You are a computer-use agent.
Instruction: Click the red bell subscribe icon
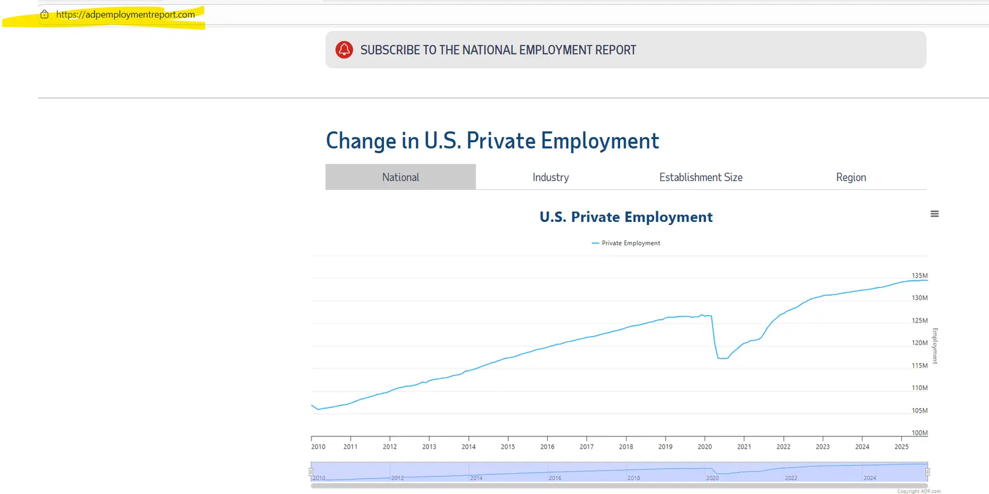point(344,49)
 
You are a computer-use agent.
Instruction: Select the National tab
point(401,177)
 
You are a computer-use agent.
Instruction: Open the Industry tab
point(551,177)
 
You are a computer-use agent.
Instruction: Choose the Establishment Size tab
point(701,177)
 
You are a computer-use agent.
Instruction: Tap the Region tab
point(851,177)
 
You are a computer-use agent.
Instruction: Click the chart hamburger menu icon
point(935,214)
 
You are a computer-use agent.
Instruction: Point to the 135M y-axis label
point(920,276)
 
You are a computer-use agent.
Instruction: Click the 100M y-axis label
point(920,433)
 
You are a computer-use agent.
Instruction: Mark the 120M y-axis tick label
point(920,343)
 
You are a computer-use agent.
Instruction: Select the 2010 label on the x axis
point(318,446)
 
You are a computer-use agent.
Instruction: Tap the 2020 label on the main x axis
point(705,446)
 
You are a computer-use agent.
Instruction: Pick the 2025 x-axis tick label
point(901,446)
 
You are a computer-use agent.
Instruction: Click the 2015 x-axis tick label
point(508,446)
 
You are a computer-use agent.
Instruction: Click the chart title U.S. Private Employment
point(626,217)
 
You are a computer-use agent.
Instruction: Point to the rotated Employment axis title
point(935,346)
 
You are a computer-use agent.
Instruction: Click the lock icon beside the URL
point(45,14)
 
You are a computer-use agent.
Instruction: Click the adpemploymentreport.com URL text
point(125,14)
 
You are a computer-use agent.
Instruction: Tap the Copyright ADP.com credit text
point(919,491)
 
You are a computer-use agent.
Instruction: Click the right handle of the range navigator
point(927,472)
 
